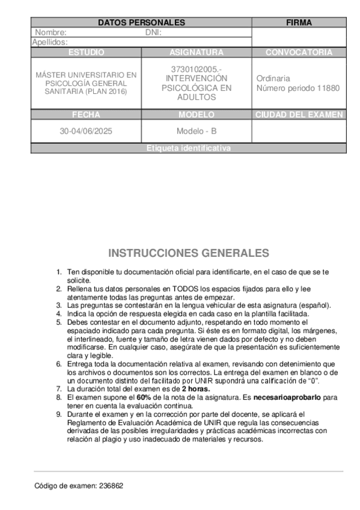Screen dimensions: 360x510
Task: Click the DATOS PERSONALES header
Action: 141,22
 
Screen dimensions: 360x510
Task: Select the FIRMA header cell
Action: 299,22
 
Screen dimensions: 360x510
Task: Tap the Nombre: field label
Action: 50,32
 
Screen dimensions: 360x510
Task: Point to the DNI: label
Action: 154,32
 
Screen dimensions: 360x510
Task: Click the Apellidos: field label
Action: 49,42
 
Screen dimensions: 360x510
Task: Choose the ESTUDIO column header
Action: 86,52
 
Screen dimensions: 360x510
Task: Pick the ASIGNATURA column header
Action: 197,52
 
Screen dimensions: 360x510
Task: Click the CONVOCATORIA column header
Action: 299,52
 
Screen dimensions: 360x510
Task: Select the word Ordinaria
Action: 273,78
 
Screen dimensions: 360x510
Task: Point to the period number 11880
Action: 328,88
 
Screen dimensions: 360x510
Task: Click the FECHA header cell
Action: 86,114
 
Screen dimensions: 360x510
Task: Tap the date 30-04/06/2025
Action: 87,131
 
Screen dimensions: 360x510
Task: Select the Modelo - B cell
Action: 197,131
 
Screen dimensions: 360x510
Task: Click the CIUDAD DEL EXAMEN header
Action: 299,114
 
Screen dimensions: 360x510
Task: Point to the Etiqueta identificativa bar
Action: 188,148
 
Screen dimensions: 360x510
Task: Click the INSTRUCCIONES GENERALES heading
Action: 188,253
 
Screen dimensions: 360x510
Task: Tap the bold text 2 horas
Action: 196,389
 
